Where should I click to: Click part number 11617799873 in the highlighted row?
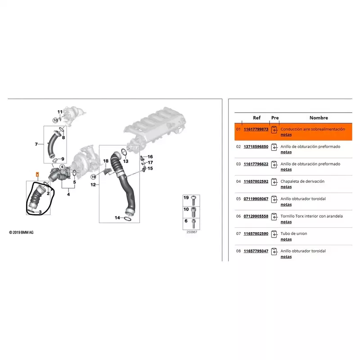(256, 129)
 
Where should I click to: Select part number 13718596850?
(256, 147)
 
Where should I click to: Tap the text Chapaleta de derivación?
(302, 181)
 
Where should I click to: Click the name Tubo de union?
(294, 234)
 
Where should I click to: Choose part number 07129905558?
(256, 216)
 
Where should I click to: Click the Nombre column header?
(319, 118)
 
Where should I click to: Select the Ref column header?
(256, 118)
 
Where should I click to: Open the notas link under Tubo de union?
(286, 239)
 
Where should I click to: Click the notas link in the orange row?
(286, 135)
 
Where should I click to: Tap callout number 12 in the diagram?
(93, 184)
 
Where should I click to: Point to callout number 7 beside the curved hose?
(36, 144)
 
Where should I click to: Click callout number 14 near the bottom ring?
(117, 218)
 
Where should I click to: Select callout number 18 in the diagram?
(106, 161)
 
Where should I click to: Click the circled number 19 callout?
(93, 177)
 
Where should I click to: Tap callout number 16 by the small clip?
(150, 157)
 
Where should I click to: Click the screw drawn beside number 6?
(194, 224)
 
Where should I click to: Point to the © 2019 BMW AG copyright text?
(21, 232)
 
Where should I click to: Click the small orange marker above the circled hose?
(37, 175)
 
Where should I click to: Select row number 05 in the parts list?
(238, 199)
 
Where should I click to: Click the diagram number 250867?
(192, 232)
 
